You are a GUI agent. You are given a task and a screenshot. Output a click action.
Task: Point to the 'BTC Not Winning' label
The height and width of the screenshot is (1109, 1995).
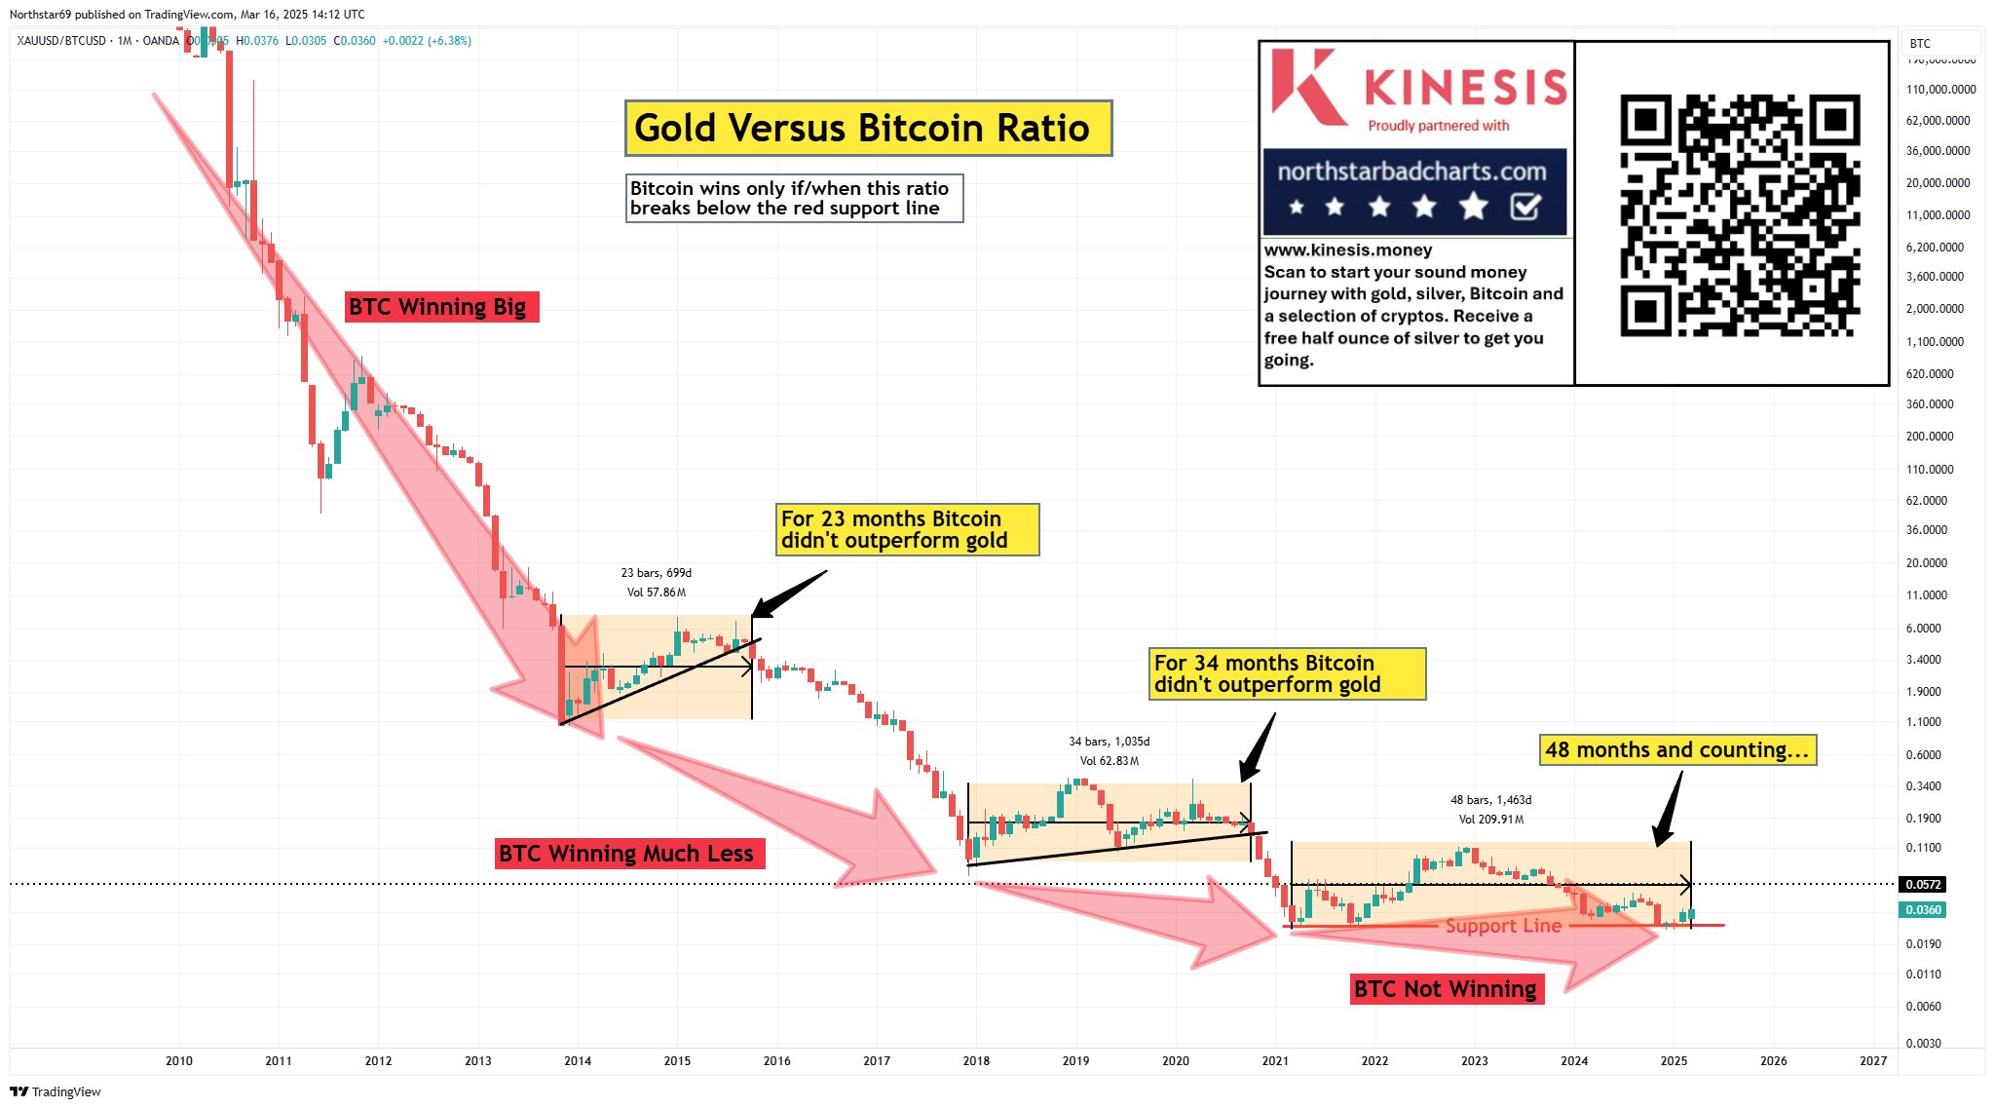(1447, 989)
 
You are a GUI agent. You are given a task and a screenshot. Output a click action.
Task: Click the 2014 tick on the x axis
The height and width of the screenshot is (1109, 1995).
(578, 1060)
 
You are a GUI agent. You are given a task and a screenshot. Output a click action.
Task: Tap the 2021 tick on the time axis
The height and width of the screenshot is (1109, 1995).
(1275, 1060)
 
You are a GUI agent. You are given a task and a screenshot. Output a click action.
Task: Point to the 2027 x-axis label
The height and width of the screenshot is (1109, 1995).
(1872, 1060)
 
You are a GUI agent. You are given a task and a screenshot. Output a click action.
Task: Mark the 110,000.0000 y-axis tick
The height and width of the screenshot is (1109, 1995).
(1940, 90)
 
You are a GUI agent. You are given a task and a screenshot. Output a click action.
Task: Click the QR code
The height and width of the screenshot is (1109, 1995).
(1740, 215)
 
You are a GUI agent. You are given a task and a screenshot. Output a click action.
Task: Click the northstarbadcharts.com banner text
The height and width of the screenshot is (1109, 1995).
(1412, 172)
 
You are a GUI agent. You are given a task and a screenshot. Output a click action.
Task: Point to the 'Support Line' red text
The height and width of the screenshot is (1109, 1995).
(1503, 926)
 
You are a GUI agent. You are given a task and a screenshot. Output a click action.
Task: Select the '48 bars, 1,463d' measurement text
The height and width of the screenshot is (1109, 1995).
(1490, 800)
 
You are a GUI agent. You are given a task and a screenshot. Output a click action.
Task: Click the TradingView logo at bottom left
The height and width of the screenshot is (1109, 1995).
(56, 1091)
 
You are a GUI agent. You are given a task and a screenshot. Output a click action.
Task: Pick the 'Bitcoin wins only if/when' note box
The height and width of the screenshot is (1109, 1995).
(794, 199)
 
